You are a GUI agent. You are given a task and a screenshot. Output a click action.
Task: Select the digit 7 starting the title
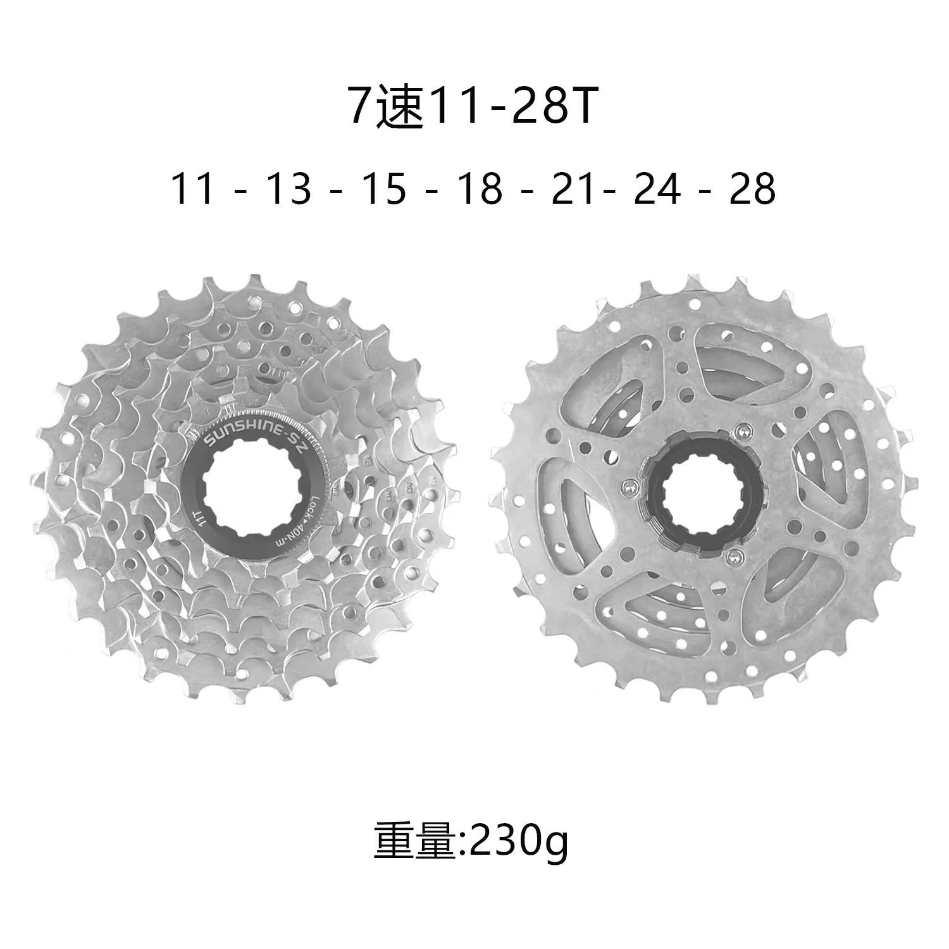[361, 108]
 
